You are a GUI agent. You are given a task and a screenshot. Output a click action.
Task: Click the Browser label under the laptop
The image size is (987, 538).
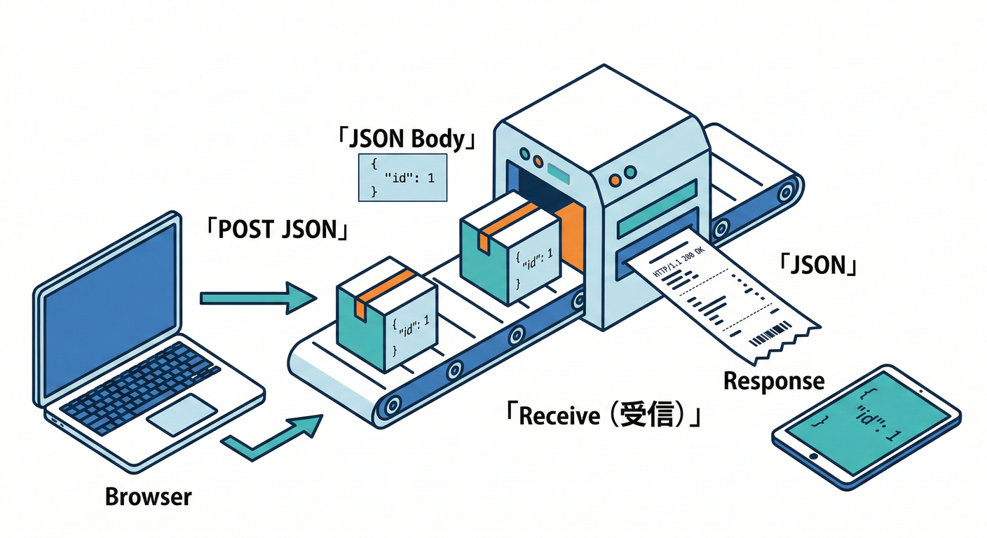(x=148, y=497)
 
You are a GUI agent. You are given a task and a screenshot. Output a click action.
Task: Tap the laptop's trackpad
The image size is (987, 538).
(x=181, y=415)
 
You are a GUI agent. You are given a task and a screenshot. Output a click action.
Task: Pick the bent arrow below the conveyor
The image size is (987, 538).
(x=273, y=438)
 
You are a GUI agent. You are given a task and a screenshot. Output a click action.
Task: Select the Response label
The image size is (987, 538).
(x=774, y=381)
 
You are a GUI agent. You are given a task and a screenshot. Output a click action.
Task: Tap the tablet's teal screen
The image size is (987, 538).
(x=866, y=420)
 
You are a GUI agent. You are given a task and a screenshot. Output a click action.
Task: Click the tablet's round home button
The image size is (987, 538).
(x=814, y=456)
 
